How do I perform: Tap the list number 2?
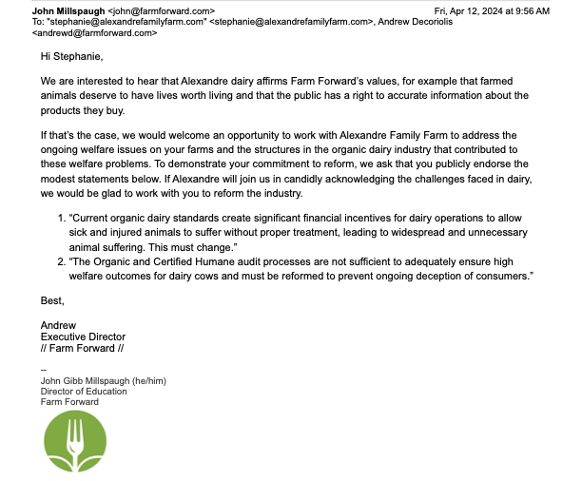(61, 262)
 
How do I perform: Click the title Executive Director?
(82, 337)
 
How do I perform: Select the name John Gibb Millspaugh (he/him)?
(103, 380)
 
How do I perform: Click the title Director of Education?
(82, 391)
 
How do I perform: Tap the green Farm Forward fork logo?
(72, 444)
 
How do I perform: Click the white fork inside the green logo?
(72, 438)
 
